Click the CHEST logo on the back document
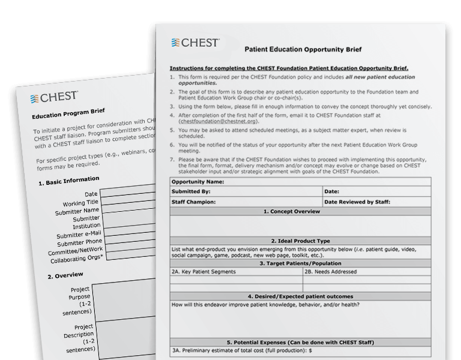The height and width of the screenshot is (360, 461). pos(54,98)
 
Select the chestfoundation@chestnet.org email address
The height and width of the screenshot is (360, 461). pos(215,121)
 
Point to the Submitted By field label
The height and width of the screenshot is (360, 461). pos(191,191)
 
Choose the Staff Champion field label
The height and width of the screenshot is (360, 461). pos(194,202)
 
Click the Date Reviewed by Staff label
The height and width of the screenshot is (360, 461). pos(357,202)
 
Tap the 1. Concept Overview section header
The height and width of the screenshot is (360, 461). pos(300,212)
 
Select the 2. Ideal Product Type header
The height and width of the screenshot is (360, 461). pos(300,240)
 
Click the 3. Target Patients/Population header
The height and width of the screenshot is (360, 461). pos(300,263)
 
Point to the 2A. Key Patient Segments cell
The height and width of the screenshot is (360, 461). pos(203,272)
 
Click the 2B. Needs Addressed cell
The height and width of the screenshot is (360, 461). pos(331,272)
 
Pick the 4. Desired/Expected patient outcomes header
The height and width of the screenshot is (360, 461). pos(300,296)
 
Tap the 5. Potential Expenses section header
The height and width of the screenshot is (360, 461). pos(300,342)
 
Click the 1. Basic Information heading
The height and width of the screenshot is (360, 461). pos(69,180)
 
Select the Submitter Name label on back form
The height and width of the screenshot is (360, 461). pos(77,211)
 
